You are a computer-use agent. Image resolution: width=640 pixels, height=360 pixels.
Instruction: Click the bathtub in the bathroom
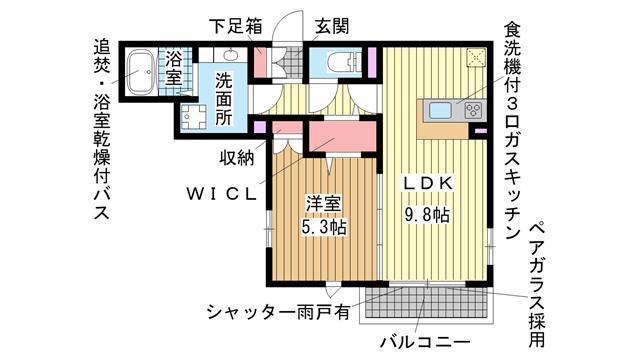click(141, 72)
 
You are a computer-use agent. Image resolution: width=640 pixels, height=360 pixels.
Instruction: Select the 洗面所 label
click(224, 99)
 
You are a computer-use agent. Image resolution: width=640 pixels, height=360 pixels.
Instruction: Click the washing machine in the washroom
click(194, 116)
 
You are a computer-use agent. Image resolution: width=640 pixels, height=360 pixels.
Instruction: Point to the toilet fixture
click(342, 63)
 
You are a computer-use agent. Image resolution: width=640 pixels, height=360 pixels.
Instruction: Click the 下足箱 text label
click(236, 26)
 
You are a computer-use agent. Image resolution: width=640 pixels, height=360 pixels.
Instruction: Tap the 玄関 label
click(332, 27)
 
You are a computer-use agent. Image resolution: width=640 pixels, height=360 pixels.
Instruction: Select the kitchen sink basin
click(440, 110)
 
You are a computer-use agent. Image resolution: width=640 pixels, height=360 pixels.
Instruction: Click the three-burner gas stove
click(474, 110)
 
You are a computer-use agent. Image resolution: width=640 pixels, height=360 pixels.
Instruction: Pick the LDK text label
click(428, 184)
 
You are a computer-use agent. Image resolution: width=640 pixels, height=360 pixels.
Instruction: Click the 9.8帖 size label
click(427, 214)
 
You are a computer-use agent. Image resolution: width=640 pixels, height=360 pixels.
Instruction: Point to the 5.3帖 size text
click(324, 227)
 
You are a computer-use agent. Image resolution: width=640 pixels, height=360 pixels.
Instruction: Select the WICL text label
click(222, 194)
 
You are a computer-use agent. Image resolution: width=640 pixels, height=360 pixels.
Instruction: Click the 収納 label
click(237, 158)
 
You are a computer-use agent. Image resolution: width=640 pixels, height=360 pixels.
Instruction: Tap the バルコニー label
click(425, 342)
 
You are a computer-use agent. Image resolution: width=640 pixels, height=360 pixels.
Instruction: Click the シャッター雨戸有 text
click(278, 313)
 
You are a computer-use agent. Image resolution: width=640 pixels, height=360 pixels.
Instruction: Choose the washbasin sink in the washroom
click(231, 55)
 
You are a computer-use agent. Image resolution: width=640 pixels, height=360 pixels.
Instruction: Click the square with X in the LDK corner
click(476, 57)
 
